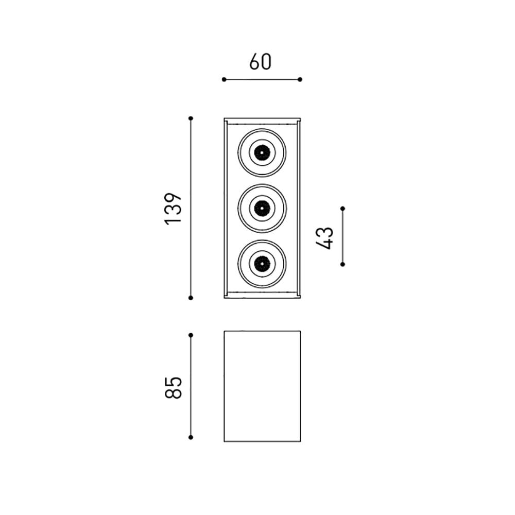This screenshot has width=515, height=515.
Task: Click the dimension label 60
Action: coord(260,62)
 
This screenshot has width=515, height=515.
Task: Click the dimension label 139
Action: coord(174,208)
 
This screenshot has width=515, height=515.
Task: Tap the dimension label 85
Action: coord(174,387)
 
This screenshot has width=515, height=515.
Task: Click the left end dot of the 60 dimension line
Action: coord(224,79)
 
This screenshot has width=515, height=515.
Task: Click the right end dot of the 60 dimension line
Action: coord(300,79)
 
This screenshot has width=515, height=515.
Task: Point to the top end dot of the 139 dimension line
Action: coord(191,118)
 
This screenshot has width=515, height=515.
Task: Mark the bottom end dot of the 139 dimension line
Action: coord(191,298)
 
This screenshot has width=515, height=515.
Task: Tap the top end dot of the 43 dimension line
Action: coord(343,209)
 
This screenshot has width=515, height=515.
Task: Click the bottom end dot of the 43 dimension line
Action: coord(343,264)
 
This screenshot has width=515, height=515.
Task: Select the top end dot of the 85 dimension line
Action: coord(191,335)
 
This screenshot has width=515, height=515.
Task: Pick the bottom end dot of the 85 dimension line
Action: coord(191,437)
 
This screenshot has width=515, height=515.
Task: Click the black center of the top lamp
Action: coord(262,152)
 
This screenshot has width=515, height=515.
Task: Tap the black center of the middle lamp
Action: coord(262,208)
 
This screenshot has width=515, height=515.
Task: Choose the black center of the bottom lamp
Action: coord(262,264)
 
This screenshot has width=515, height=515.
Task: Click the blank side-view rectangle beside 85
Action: coord(262,386)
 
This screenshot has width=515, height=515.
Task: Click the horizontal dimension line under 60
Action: coord(262,79)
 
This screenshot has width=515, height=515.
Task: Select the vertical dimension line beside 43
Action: coord(343,236)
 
